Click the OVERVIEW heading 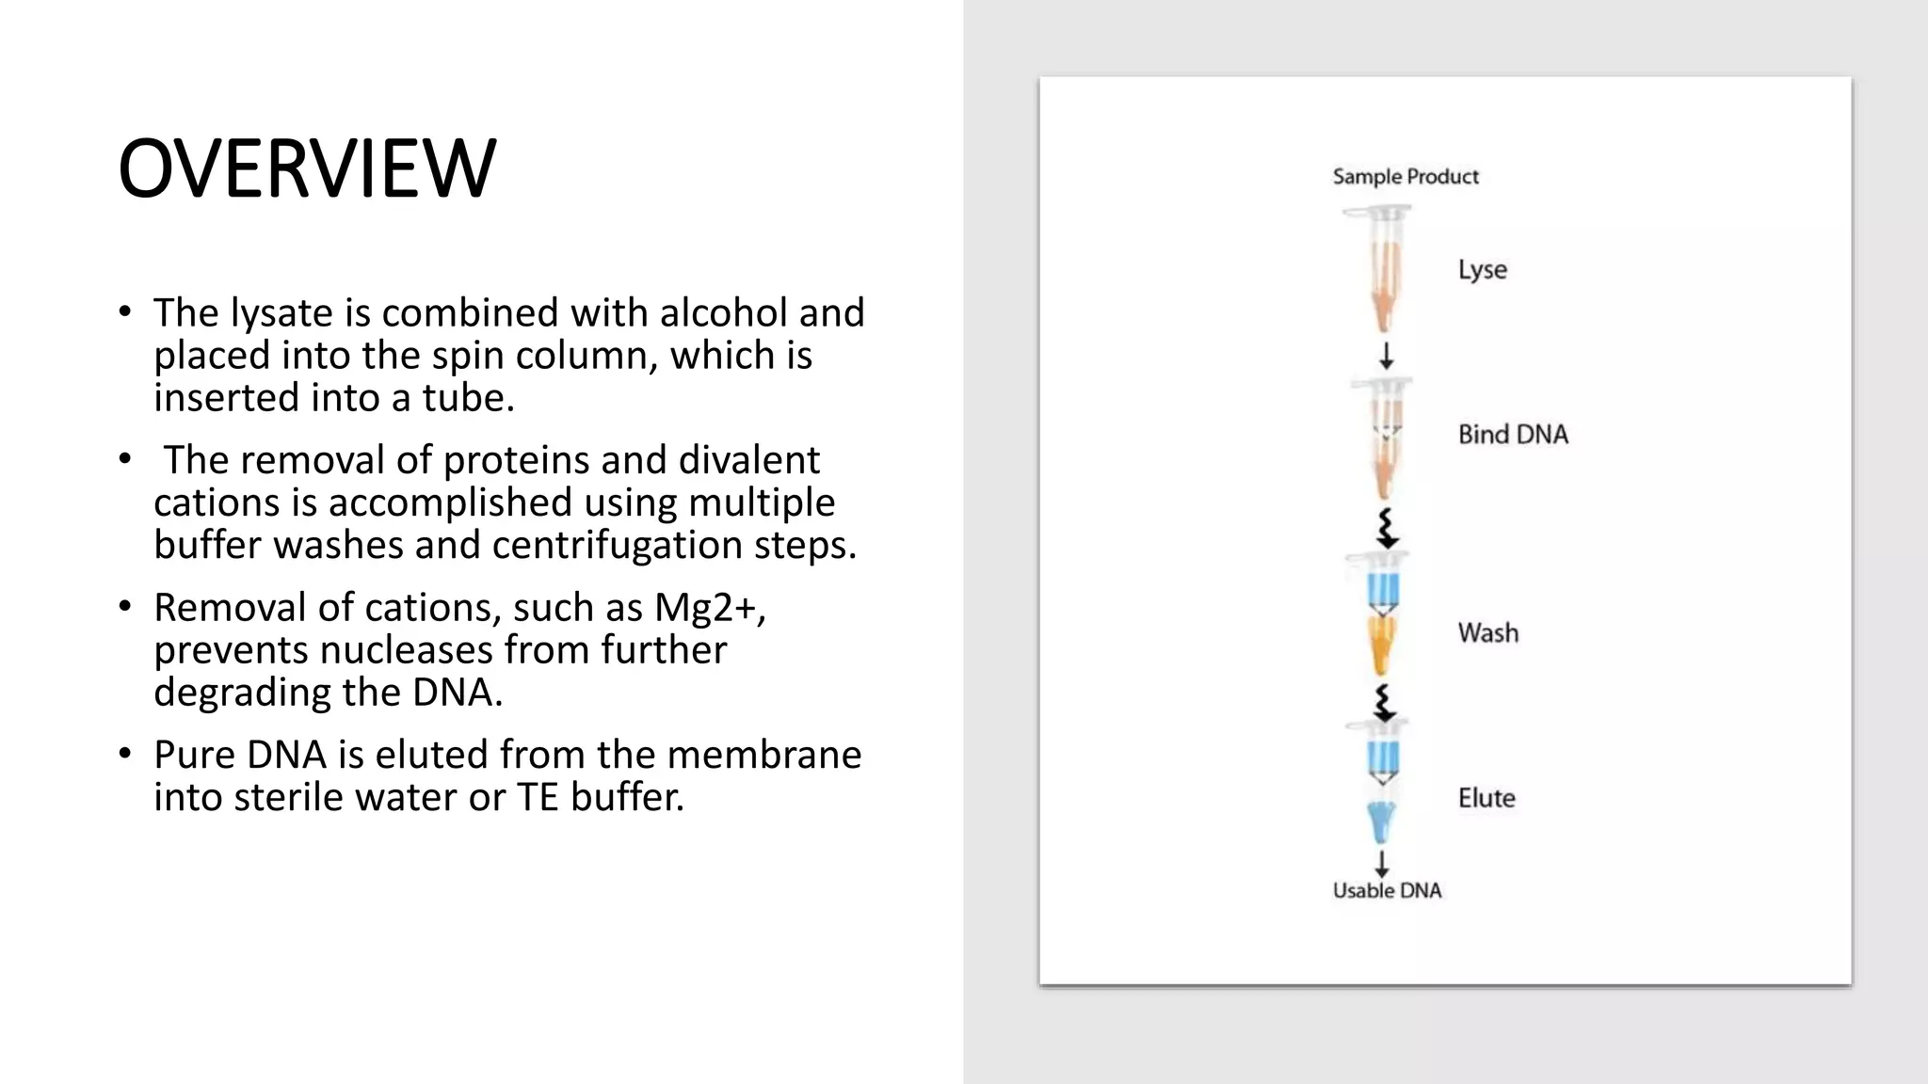[x=307, y=168]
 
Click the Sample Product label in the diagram [x=1406, y=177]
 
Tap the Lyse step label [x=1482, y=270]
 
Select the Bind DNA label [x=1513, y=435]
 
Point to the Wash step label [x=1487, y=632]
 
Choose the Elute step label [x=1486, y=798]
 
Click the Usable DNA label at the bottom [x=1387, y=890]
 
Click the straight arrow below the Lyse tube [x=1386, y=356]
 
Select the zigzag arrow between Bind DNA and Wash [x=1386, y=528]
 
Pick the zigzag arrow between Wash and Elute [x=1383, y=702]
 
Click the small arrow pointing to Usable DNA [x=1381, y=863]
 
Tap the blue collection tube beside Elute [x=1381, y=821]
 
